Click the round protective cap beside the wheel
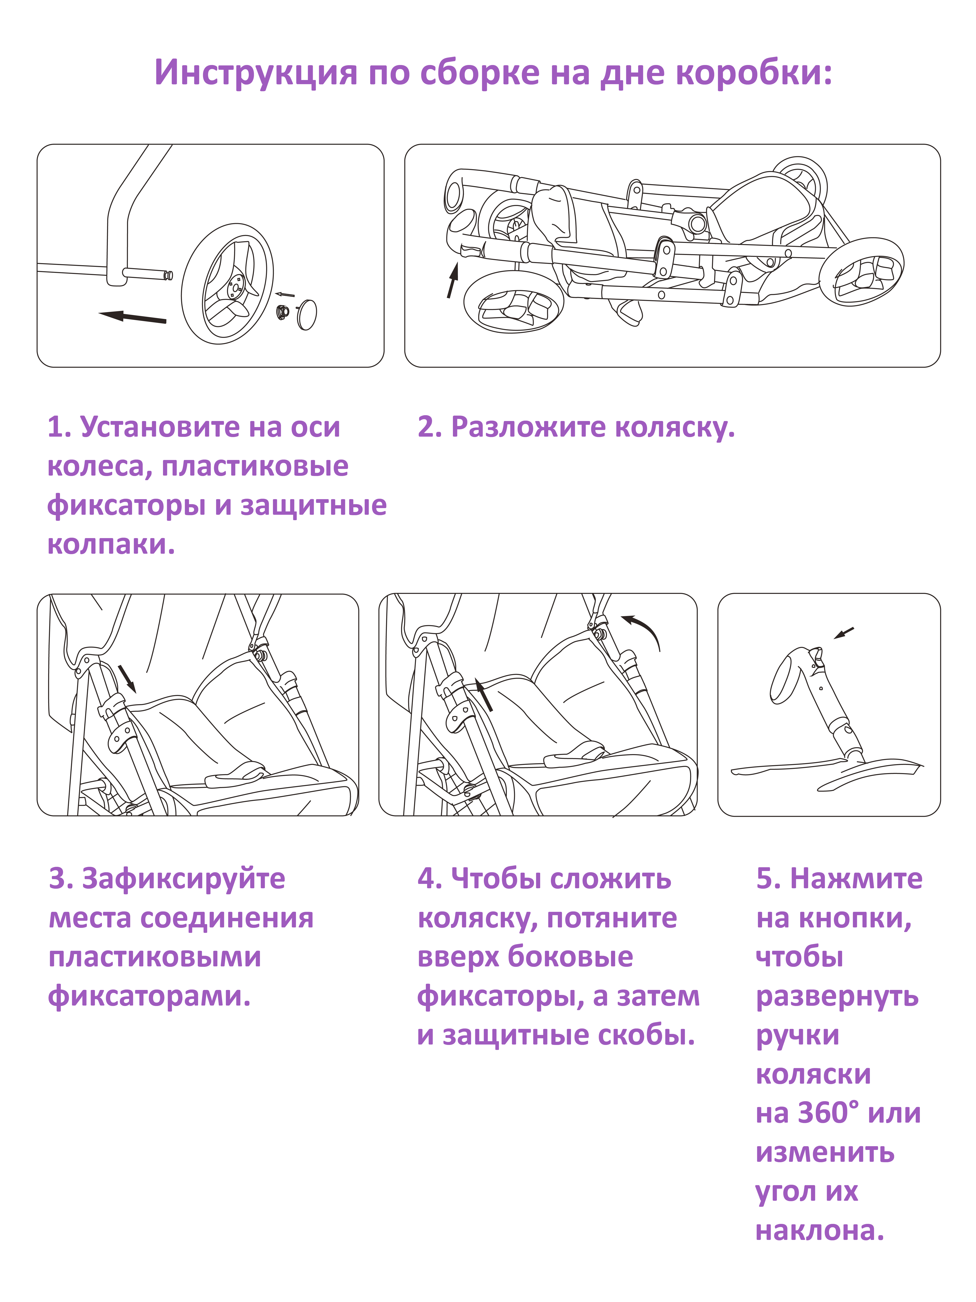[308, 314]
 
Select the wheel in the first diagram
[227, 284]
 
